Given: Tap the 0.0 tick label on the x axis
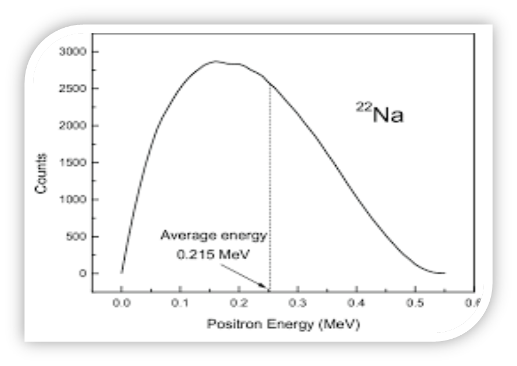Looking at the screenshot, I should tap(121, 303).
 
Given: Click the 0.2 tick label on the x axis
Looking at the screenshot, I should tap(238, 303).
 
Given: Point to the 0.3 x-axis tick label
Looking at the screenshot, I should tap(298, 303).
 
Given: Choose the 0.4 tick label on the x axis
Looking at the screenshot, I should tap(356, 303).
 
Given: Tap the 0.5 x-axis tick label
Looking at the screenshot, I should tap(415, 303).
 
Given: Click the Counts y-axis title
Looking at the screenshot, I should tap(42, 173).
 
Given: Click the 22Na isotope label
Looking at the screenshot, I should tap(379, 114).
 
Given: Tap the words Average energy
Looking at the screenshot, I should tap(213, 236).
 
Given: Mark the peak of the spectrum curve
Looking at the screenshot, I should tap(215, 61).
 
